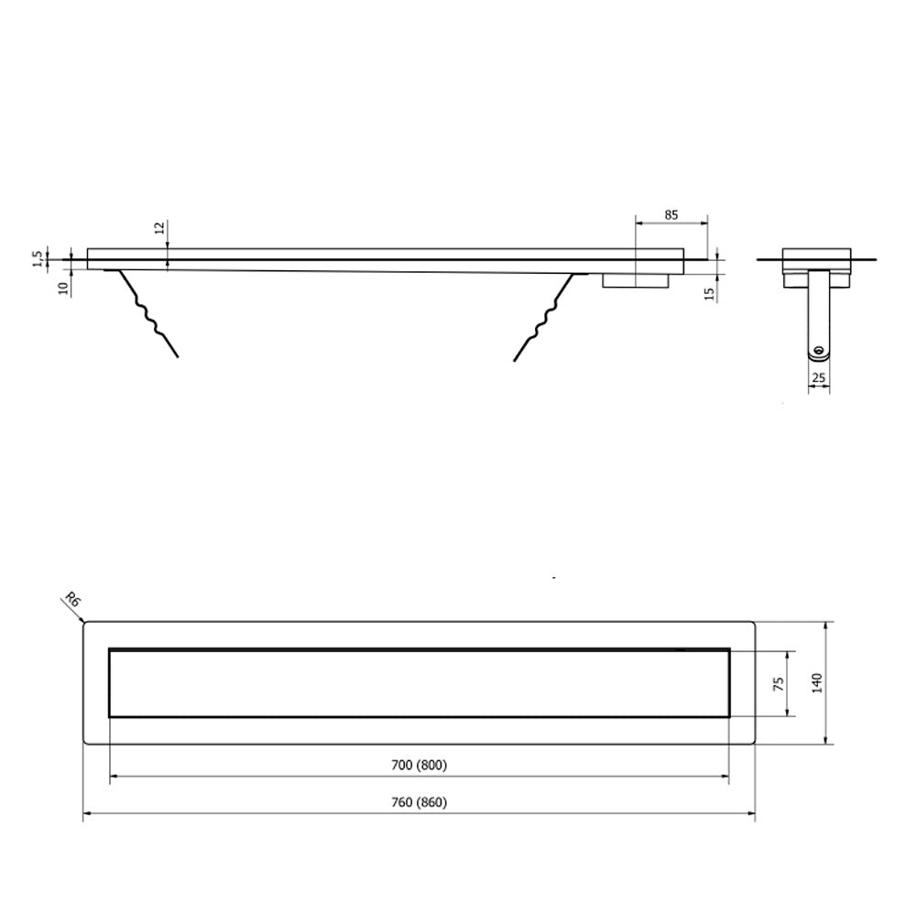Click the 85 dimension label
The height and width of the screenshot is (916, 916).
pyautogui.click(x=671, y=215)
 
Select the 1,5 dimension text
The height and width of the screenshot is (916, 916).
pyautogui.click(x=38, y=259)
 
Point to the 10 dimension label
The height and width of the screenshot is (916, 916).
pyautogui.click(x=63, y=287)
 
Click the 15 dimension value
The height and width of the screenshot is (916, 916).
pyautogui.click(x=711, y=294)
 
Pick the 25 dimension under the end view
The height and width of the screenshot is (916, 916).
pyautogui.click(x=818, y=378)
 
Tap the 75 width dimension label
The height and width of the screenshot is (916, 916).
pyautogui.click(x=778, y=684)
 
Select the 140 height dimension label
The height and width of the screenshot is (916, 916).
pyautogui.click(x=817, y=683)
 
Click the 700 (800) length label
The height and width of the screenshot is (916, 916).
pyautogui.click(x=419, y=765)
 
